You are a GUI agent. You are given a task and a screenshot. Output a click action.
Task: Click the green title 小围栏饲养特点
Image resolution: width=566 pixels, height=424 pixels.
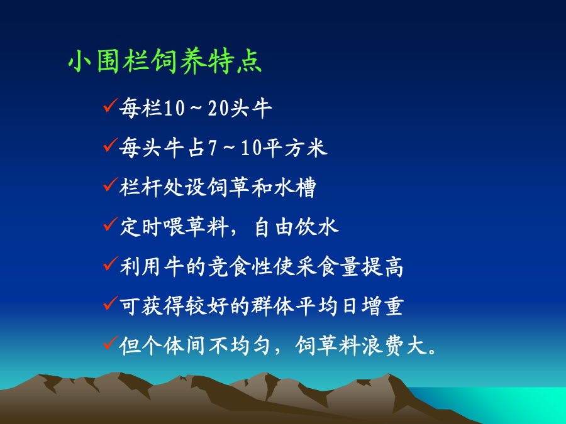[165, 62]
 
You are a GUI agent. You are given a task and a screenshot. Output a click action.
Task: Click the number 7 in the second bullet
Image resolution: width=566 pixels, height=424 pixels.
[213, 148]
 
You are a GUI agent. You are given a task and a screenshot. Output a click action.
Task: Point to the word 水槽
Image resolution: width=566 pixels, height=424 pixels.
[295, 187]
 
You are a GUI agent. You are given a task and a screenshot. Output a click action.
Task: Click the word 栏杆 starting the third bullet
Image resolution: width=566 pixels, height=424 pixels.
[141, 187]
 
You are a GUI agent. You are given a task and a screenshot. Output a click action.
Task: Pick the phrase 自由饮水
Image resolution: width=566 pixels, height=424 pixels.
[296, 227]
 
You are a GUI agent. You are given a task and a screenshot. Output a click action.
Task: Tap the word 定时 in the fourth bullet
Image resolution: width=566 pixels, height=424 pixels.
[141, 227]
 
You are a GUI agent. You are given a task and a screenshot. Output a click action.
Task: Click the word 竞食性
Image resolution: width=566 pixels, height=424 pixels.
[240, 267]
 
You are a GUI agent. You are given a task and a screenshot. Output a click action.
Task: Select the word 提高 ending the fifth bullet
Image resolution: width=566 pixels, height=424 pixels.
[382, 267]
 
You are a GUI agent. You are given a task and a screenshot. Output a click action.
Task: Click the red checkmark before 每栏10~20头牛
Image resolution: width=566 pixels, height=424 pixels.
[110, 106]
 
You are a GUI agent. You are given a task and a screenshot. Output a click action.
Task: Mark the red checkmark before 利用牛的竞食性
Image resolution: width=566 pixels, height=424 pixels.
[110, 264]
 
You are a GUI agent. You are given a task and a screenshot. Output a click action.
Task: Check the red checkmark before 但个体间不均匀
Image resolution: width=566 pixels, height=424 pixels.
[110, 343]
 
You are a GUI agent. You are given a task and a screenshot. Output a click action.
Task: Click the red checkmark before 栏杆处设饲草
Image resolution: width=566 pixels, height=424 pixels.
[110, 185]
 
